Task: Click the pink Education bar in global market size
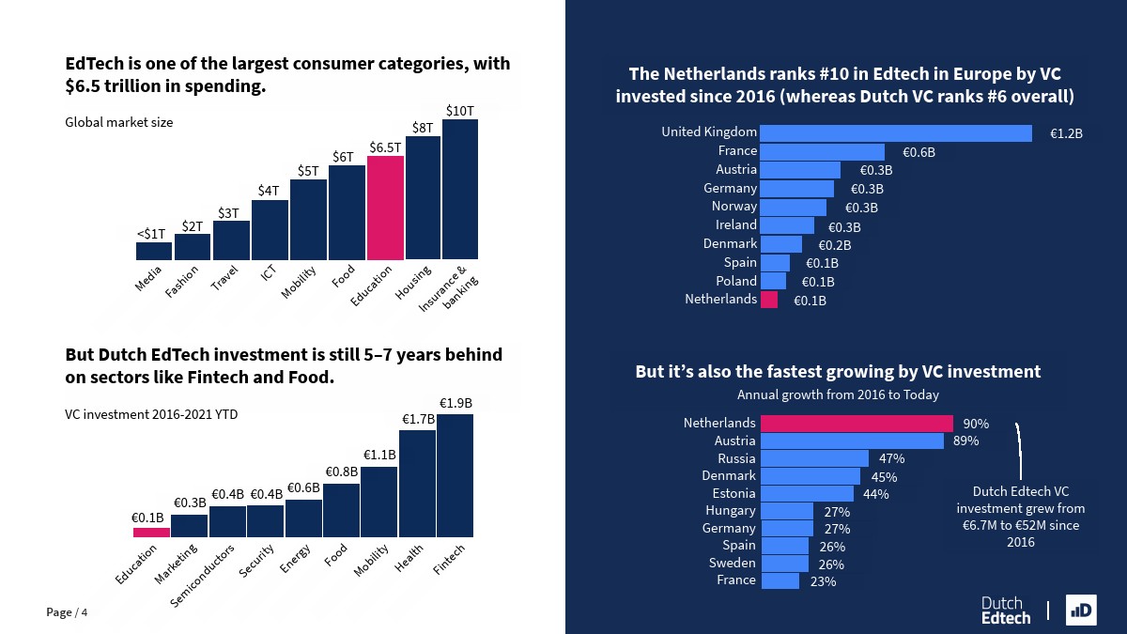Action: [385, 208]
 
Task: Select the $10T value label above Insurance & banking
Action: [459, 111]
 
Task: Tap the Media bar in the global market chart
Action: [154, 251]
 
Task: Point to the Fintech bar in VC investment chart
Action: [455, 475]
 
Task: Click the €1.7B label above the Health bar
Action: [419, 419]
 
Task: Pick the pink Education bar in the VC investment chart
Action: [151, 532]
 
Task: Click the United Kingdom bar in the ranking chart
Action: [895, 133]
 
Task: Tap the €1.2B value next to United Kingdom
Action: [1066, 134]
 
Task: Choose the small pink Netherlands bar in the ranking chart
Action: [768, 300]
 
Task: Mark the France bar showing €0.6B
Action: [822, 152]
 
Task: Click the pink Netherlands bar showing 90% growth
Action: [856, 424]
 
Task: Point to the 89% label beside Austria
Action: [965, 441]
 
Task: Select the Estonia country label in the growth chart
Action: [733, 493]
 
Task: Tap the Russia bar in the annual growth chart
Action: [814, 458]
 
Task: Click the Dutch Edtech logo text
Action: [1005, 611]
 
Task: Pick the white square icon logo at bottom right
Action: [1081, 610]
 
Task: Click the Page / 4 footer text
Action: [68, 612]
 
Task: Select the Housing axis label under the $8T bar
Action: [413, 283]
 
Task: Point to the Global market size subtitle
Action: [119, 122]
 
